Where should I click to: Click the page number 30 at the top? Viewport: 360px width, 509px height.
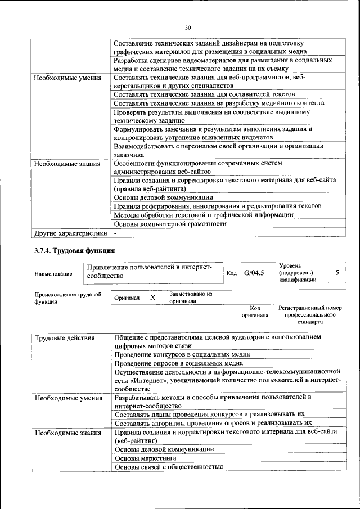coord(188,26)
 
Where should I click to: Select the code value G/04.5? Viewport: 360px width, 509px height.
coord(254,273)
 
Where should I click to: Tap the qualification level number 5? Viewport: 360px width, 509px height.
coord(337,273)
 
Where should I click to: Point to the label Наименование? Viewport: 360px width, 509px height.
coord(53,273)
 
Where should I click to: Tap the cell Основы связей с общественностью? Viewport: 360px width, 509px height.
coord(169,467)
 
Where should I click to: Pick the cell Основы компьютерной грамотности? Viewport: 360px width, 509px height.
coord(170,224)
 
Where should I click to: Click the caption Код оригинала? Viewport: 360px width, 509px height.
coord(254,312)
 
